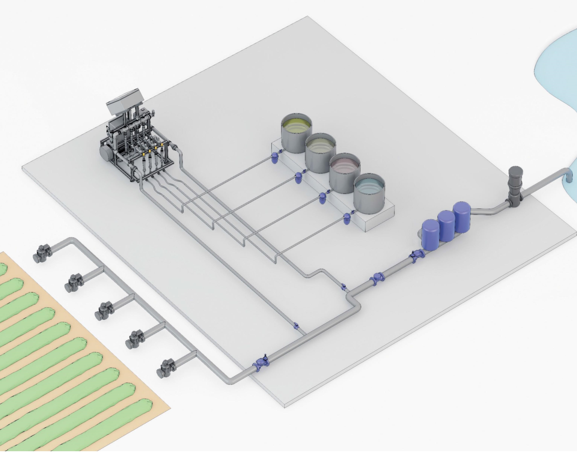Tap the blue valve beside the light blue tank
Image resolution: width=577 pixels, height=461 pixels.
pyautogui.click(x=347, y=219)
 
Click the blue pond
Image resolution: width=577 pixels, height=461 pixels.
pyautogui.click(x=559, y=67)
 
